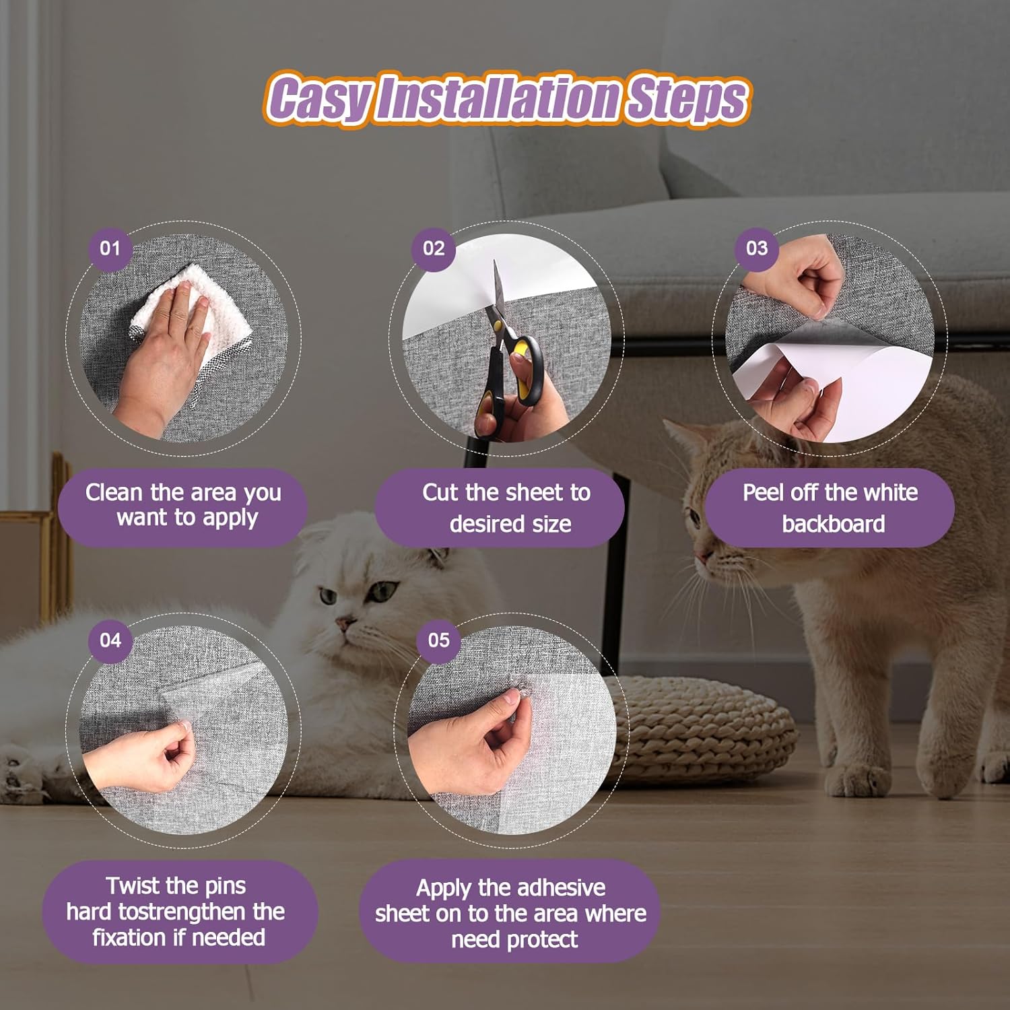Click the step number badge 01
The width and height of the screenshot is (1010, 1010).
pos(110,248)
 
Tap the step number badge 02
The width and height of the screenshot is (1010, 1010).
pos(434,248)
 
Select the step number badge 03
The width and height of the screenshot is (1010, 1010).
pos(756,248)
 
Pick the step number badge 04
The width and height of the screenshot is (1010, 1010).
pos(110,640)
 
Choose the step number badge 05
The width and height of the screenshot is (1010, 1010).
pos(438,640)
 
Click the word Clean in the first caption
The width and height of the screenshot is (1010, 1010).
pos(114,492)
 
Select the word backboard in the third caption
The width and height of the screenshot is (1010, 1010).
pos(833,524)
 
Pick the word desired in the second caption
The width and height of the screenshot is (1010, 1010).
pos(479,524)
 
